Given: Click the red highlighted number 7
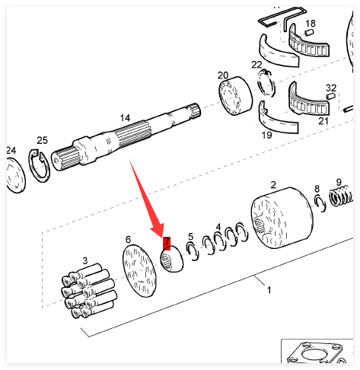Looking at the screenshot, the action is point(167,243).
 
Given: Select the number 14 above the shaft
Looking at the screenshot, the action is point(125,118).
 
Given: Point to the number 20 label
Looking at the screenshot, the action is point(223,75).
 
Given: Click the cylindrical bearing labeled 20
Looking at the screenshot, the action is point(235,96).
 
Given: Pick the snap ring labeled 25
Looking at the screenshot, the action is point(39,165).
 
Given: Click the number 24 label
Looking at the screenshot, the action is point(11,150).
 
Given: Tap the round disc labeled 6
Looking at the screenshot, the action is point(139,270).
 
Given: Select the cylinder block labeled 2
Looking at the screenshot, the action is point(282,218).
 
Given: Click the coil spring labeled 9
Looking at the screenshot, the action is point(341,196).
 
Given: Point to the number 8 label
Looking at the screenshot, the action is point(317,189).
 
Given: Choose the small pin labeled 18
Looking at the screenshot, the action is point(309,33).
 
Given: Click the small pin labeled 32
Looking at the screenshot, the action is point(330,96).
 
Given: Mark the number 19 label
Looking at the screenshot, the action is point(266,135).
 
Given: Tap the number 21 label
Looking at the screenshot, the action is point(323,121).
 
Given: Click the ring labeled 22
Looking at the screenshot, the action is point(266,83).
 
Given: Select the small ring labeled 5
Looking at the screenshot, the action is point(193,251).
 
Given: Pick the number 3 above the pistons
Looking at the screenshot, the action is point(85,260).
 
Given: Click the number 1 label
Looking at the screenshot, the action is point(269,289).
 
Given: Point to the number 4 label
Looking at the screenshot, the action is point(218,227).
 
